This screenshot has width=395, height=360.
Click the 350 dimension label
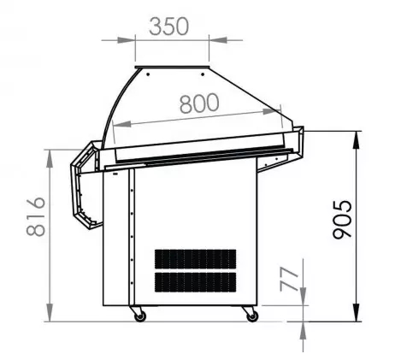169,27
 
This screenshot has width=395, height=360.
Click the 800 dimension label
199,103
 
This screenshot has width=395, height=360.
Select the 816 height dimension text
36,216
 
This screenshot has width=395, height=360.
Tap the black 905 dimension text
342,219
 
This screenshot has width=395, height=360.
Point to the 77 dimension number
289,279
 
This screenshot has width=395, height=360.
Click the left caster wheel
139,316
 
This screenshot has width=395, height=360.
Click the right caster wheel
252,316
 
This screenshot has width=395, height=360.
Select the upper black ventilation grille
195,259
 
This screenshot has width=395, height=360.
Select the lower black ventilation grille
195,282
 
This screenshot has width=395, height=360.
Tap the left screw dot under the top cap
148,74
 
